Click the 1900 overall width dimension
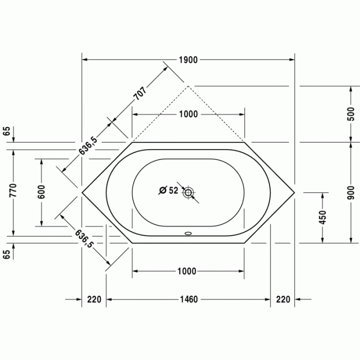pyautogui.click(x=189, y=60)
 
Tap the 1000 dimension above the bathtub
pyautogui.click(x=188, y=114)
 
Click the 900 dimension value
pyautogui.click(x=351, y=192)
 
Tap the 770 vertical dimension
pyautogui.click(x=14, y=191)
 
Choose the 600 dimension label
pyautogui.click(x=42, y=192)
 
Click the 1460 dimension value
pyautogui.click(x=188, y=300)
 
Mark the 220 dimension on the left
pyautogui.click(x=94, y=300)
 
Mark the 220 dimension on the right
pyautogui.click(x=283, y=300)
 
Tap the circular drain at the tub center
pyautogui.click(x=188, y=193)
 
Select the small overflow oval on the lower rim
pyautogui.click(x=188, y=232)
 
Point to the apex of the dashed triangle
pyautogui.click(x=188, y=86)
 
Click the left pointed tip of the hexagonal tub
pyautogui.click(x=82, y=192)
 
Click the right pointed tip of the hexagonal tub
pyautogui.click(x=294, y=193)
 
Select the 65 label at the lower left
pyautogui.click(x=6, y=254)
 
